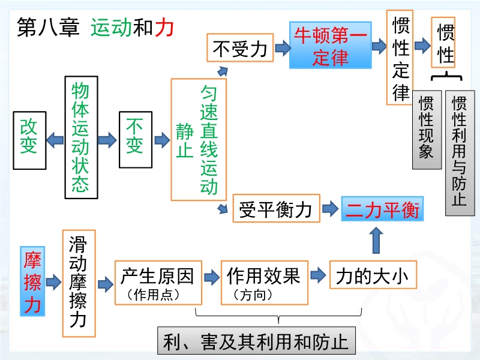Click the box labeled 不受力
click(240, 48)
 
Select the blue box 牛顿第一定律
click(331, 45)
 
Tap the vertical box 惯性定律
click(400, 58)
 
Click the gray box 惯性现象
click(427, 130)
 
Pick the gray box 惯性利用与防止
click(460, 153)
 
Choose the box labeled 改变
click(29, 140)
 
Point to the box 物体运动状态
click(82, 137)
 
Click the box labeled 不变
click(136, 140)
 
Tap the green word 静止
click(185, 140)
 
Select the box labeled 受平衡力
click(277, 208)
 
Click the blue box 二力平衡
click(382, 209)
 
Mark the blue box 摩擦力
click(32, 281)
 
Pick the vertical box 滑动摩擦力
click(79, 283)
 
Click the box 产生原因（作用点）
click(158, 283)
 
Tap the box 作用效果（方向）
click(265, 283)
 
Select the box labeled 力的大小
click(373, 275)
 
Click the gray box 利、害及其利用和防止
click(257, 340)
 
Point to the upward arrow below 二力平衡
click(376, 241)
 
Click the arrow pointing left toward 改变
click(55, 140)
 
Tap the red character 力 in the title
click(164, 27)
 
